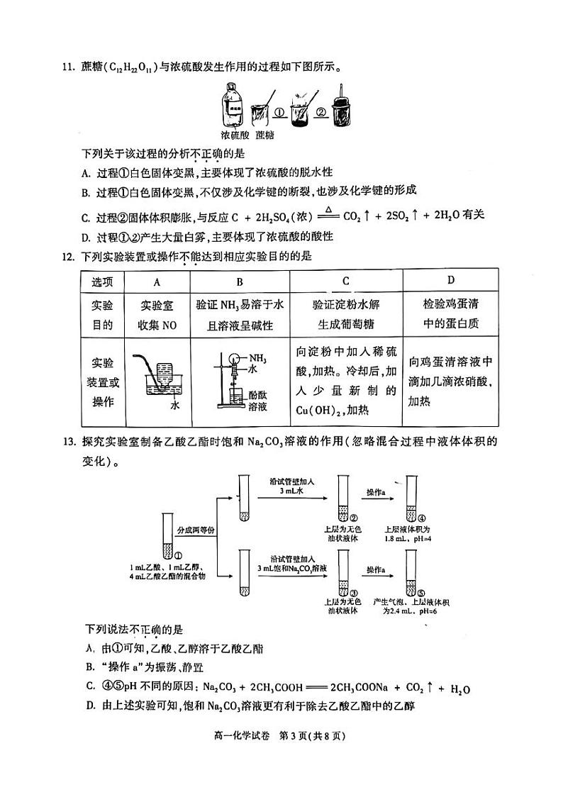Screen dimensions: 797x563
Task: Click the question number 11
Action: pyautogui.click(x=69, y=68)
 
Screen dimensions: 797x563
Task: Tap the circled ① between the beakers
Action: pyautogui.click(x=279, y=112)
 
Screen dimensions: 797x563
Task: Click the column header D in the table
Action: pyautogui.click(x=451, y=280)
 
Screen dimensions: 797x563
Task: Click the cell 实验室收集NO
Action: pyautogui.click(x=157, y=315)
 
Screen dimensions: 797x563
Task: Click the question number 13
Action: pyautogui.click(x=69, y=442)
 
